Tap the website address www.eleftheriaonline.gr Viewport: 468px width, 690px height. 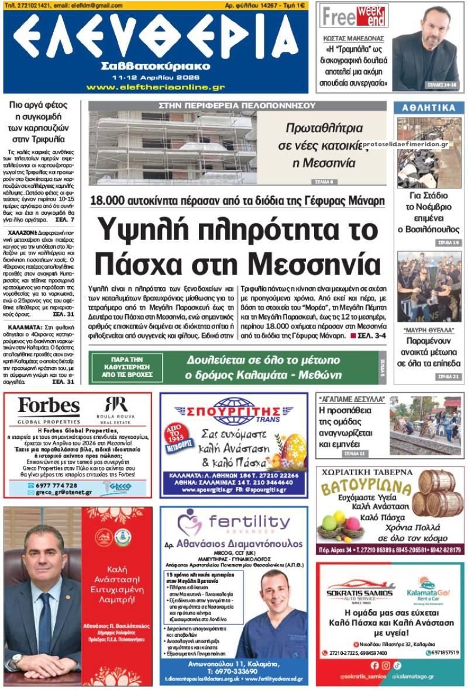(x=155, y=87)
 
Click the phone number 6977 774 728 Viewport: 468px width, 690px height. (x=56, y=485)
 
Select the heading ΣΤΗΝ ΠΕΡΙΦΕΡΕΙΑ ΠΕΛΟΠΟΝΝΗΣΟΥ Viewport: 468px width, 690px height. (x=237, y=106)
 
